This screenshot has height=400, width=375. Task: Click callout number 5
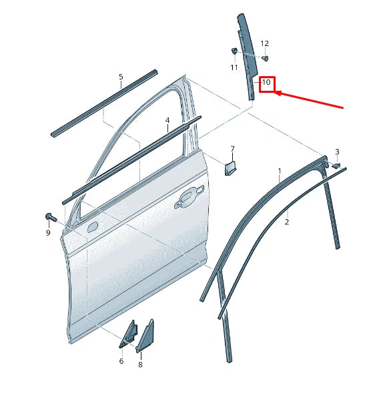point(121,77)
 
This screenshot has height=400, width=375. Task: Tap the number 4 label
point(167,121)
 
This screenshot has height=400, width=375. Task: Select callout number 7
point(232,149)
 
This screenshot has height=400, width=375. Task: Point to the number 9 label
point(48,232)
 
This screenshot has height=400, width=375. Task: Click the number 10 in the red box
point(266,83)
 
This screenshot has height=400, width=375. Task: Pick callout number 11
point(234,67)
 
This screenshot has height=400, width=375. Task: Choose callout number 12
point(264,43)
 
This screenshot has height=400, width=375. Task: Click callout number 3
point(337,152)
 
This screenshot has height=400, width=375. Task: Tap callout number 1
point(280,172)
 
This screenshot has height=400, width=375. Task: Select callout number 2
point(287,222)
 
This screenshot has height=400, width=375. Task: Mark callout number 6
point(121,361)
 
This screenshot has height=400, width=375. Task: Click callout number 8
point(140,365)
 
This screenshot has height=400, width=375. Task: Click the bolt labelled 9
point(50,216)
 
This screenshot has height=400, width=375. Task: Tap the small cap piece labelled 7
point(230,166)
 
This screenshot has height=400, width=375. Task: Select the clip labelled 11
point(234,51)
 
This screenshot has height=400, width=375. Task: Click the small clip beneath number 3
point(336,164)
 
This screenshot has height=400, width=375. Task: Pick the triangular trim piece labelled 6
point(127,334)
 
